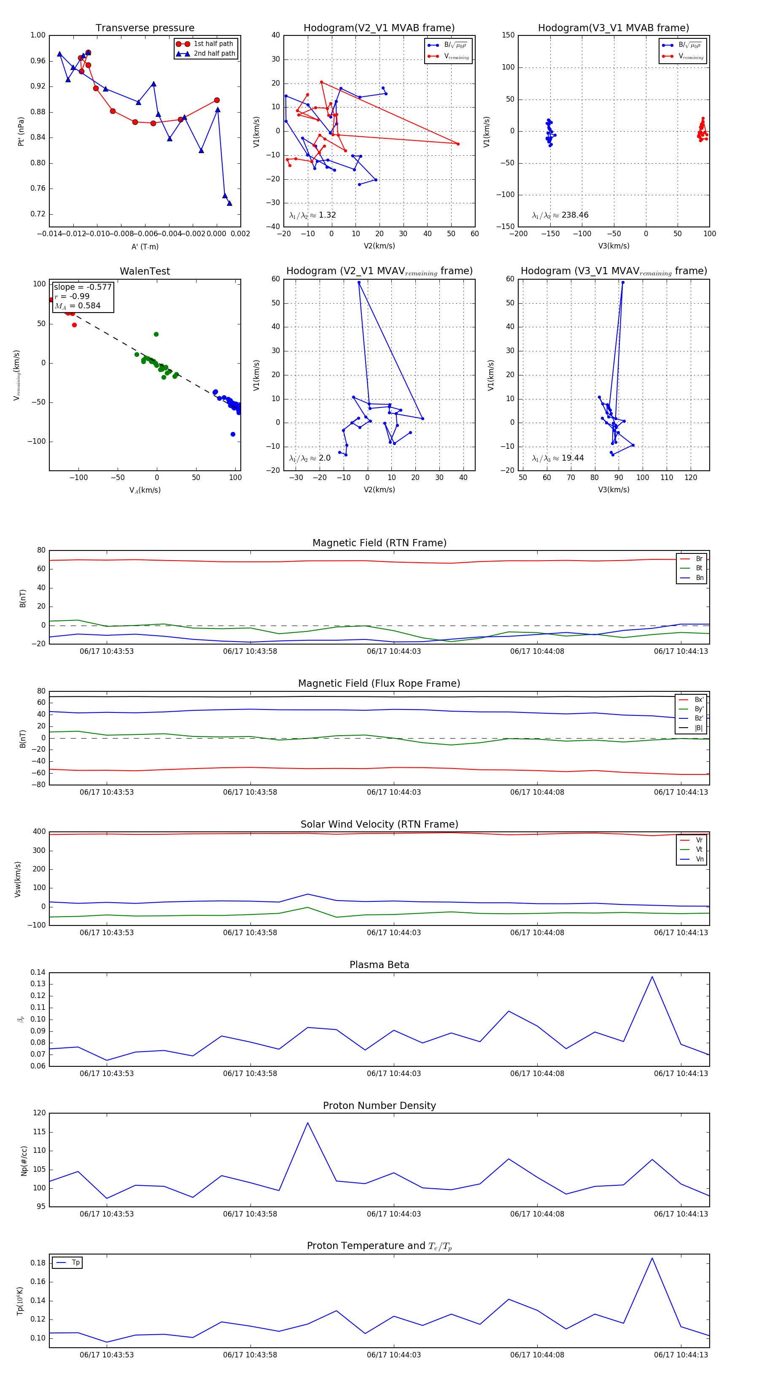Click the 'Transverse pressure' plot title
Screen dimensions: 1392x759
145,28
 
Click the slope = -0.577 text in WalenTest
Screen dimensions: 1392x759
83,287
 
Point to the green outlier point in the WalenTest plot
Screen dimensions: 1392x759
156,335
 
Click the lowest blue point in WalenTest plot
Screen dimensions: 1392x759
233,434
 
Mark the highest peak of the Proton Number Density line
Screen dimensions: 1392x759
308,1123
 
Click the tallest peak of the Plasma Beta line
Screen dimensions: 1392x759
652,977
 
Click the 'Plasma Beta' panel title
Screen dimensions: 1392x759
379,965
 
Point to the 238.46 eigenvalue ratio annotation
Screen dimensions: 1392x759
560,215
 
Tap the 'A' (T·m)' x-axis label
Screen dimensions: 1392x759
145,247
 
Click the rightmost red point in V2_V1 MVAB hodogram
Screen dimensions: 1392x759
458,144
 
